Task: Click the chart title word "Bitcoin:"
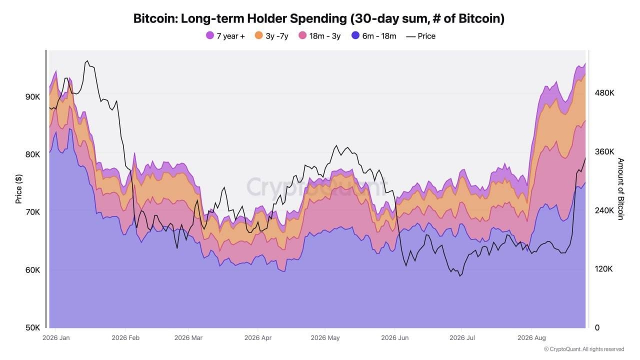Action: coord(155,18)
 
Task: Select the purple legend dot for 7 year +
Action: coord(210,35)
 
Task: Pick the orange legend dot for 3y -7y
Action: coord(259,35)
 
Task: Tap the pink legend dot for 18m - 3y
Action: coord(302,35)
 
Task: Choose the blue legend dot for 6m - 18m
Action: coord(355,35)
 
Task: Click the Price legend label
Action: coord(426,36)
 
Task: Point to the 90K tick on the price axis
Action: coord(33,97)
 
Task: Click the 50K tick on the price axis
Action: coord(33,327)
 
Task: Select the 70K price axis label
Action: coord(33,212)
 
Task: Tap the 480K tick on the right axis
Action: coord(604,93)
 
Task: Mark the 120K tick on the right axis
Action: coord(603,269)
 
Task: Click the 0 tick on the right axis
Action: coord(597,327)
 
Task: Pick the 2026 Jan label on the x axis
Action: coord(56,337)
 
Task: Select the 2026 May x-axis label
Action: coord(325,337)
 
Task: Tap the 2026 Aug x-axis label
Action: coord(531,337)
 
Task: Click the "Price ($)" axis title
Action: coord(18,189)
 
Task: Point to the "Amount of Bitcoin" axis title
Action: coord(620,189)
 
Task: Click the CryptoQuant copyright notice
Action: coord(584,349)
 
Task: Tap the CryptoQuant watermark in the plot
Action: coord(316,187)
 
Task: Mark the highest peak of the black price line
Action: coord(87,61)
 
